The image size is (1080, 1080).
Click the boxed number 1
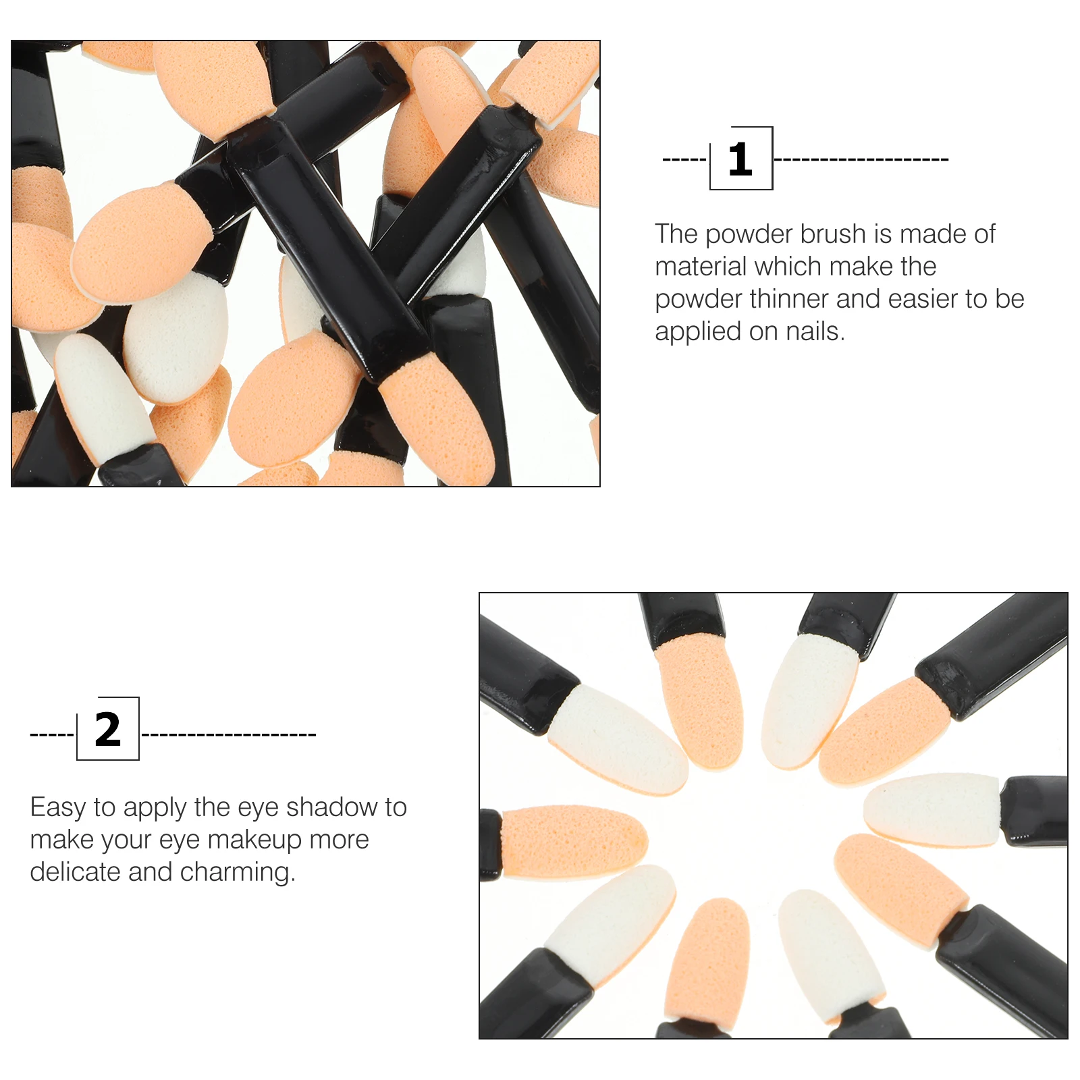pos(740,159)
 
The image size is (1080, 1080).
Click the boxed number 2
pos(108,730)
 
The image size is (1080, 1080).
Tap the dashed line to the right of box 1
pos(861,160)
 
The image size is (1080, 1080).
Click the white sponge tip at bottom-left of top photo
pos(101,398)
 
